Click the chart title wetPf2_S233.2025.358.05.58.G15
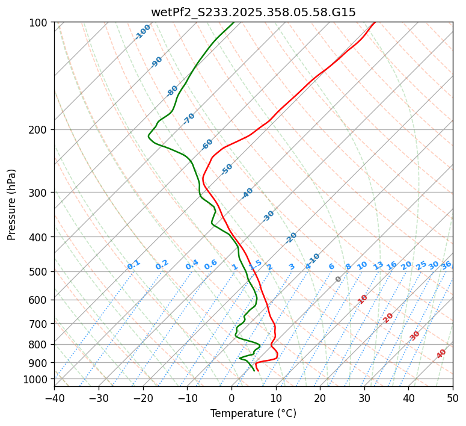[x=253, y=12]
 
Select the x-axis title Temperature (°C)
[x=253, y=413]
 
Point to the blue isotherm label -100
[x=143, y=32]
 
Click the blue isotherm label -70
[x=189, y=119]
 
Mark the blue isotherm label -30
[x=268, y=216]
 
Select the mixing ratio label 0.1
[x=133, y=264]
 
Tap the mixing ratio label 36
[x=446, y=265]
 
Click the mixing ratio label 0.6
[x=210, y=265]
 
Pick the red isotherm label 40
[x=441, y=354]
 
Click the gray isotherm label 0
[x=339, y=279]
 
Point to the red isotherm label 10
[x=363, y=299]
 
